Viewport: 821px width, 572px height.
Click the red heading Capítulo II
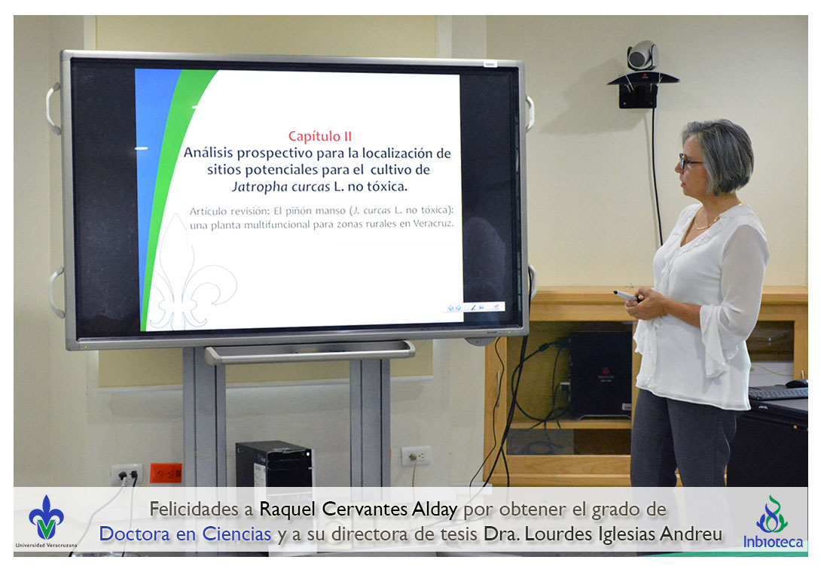tap(320, 136)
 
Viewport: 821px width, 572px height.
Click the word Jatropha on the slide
tap(260, 187)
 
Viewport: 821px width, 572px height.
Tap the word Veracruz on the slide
tap(433, 224)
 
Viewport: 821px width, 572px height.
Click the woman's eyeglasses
tap(688, 161)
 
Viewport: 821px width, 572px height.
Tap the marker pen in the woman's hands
tap(626, 296)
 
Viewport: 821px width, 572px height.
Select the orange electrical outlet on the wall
tap(166, 473)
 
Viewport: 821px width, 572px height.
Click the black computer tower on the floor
tap(273, 464)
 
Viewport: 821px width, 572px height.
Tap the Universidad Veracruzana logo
tap(46, 522)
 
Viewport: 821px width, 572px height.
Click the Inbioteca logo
tap(772, 522)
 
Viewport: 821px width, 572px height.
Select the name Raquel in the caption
tap(288, 509)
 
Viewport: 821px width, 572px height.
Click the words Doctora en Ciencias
tap(185, 534)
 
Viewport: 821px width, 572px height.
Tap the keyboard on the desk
tap(777, 393)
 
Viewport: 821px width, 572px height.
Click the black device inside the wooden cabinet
tap(600, 375)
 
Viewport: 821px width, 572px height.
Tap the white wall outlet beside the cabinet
tap(416, 456)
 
